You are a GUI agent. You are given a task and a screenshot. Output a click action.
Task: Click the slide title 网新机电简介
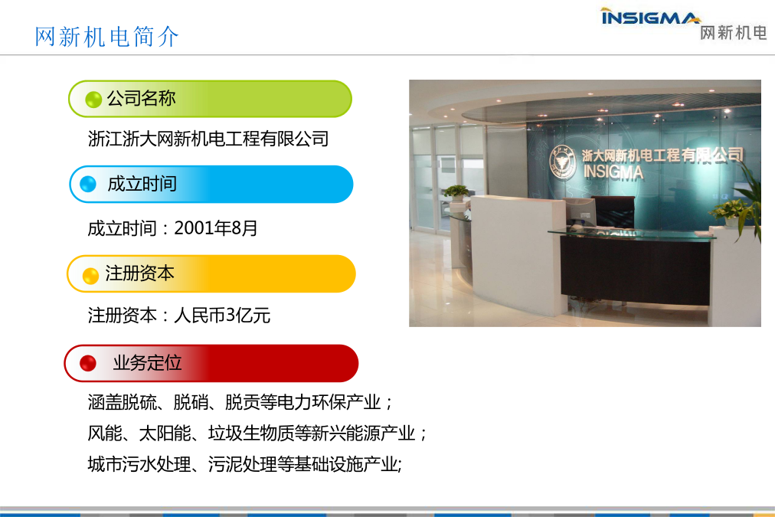106,37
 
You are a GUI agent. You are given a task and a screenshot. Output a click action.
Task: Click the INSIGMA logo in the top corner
650,16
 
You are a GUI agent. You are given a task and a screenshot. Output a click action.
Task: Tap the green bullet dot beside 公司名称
93,100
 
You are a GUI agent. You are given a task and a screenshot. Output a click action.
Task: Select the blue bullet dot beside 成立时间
88,184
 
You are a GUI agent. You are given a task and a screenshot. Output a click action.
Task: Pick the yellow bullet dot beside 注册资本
90,276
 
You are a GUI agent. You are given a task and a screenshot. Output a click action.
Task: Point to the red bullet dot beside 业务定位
88,363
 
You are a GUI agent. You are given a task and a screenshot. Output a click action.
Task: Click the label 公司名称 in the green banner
142,98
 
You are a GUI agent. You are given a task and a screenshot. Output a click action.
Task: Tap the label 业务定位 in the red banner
147,363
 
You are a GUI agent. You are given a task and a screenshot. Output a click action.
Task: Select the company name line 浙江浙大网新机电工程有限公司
208,139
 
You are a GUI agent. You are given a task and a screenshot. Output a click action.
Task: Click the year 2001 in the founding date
194,227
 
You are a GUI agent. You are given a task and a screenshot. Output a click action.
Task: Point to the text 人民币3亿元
222,315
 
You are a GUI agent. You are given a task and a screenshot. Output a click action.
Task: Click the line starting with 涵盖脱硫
240,402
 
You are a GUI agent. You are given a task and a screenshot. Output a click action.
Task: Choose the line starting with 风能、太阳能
257,433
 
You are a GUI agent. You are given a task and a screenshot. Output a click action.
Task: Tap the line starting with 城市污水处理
244,464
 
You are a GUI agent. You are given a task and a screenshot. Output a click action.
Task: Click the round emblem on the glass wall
562,162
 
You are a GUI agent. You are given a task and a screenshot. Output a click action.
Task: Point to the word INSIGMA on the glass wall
613,172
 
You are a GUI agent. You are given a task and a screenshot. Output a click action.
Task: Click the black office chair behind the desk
613,211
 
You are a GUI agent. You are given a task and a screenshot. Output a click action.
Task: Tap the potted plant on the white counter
456,192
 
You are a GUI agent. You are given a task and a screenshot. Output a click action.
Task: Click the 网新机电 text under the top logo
734,33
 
